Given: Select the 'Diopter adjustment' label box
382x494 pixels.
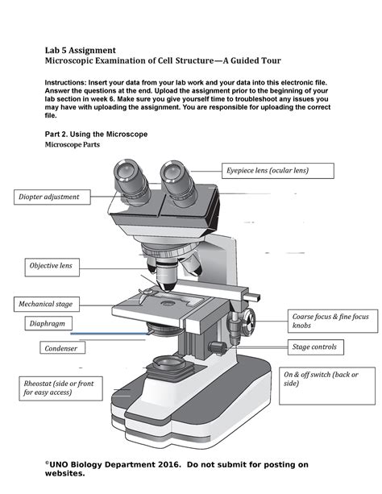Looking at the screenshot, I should [49, 197].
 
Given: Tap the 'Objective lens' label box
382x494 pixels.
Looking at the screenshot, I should [51, 265].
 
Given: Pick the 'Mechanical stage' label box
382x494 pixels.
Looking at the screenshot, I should [46, 304].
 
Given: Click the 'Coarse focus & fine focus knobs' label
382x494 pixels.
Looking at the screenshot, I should [330, 322].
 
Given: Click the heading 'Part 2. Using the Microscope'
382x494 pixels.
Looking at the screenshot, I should [96, 133].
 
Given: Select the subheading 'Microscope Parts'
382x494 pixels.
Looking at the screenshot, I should [78, 145].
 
